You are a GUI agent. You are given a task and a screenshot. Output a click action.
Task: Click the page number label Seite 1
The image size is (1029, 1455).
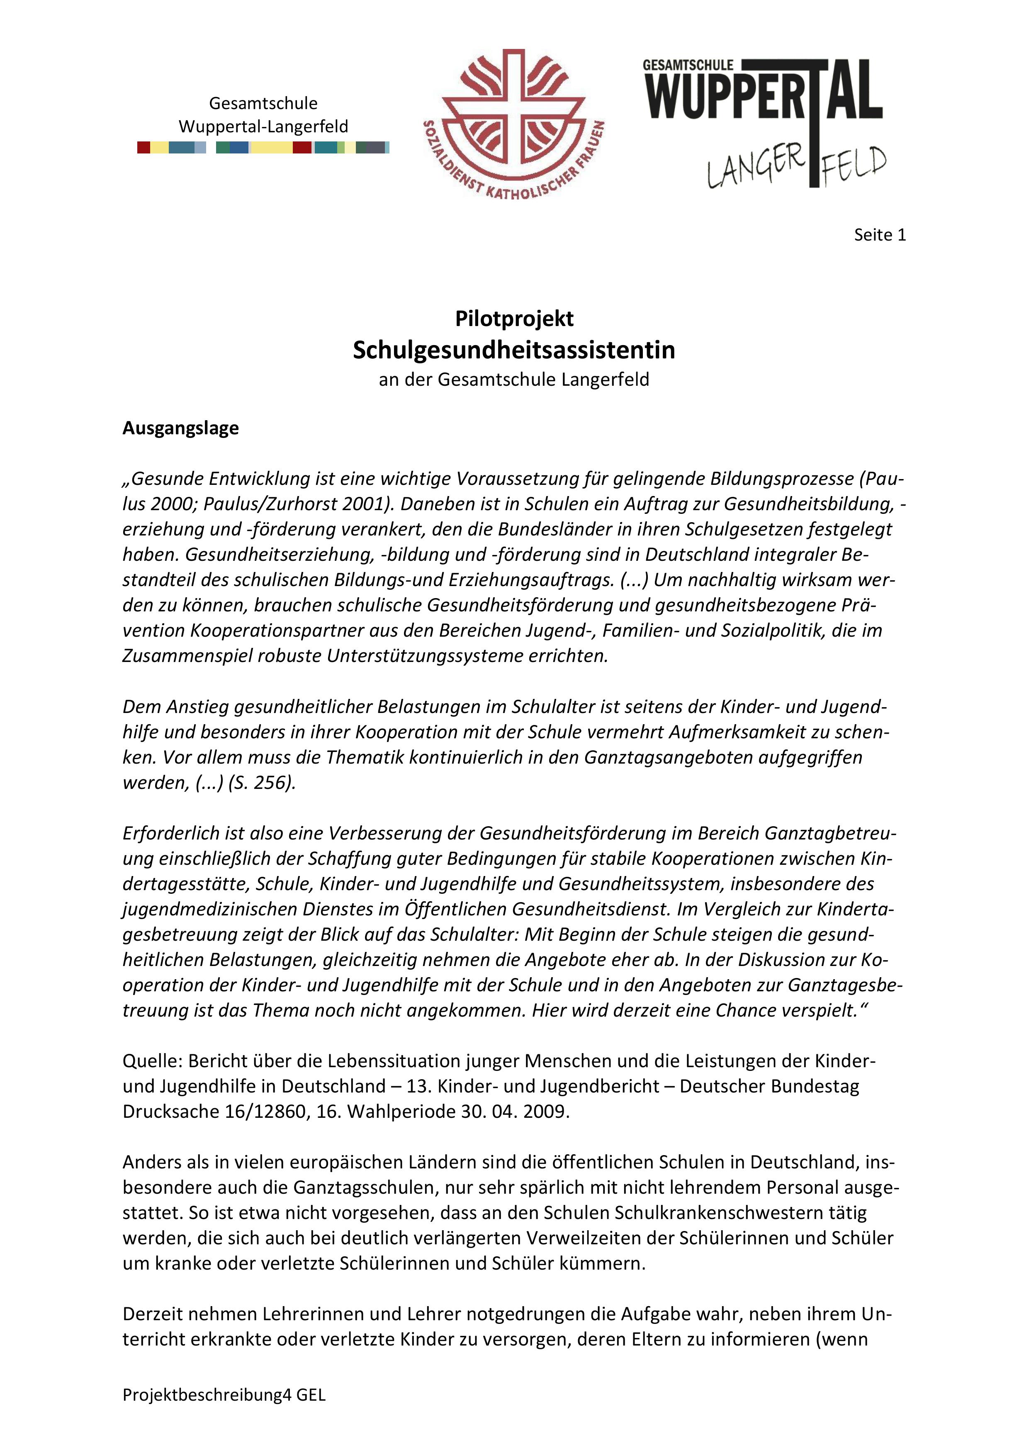coord(879,235)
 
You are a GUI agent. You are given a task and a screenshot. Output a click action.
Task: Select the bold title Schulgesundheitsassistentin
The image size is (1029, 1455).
coord(514,350)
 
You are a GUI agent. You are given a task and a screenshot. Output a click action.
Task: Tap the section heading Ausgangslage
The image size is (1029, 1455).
coord(180,428)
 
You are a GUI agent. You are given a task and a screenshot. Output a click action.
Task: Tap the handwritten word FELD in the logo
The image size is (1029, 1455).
coord(854,163)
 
